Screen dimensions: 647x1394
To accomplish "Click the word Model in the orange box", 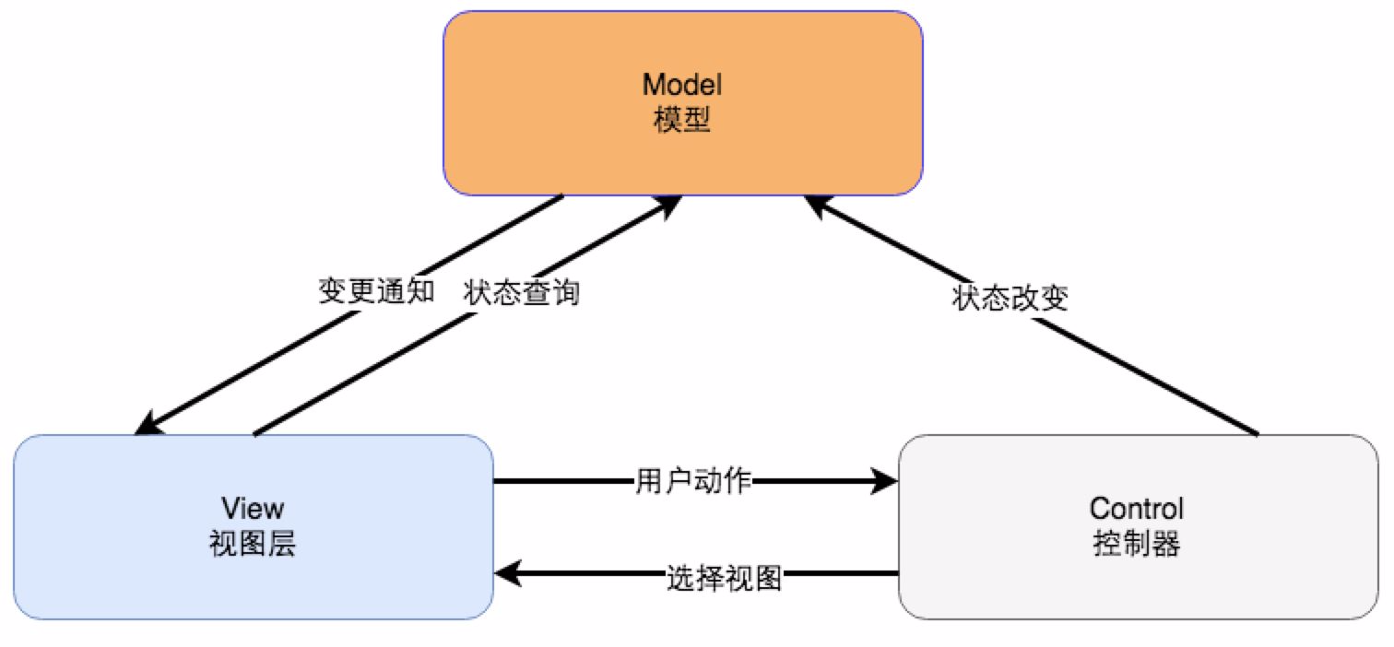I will [682, 85].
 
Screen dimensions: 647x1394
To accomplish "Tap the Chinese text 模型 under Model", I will [682, 121].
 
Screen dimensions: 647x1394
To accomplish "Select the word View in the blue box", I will [253, 508].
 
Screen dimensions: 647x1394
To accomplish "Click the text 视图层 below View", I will [253, 545].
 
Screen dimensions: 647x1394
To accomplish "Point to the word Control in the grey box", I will [1136, 508].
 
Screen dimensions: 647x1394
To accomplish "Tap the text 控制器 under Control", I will [1136, 545].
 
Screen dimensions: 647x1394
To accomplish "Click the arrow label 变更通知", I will [375, 292].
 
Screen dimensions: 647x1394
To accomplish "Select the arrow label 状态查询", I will [522, 292].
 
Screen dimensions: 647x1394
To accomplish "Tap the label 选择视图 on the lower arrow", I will [724, 578].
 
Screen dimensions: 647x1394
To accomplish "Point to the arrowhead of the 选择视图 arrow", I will [506, 574].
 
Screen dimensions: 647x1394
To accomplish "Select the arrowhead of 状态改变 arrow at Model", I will [815, 204].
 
